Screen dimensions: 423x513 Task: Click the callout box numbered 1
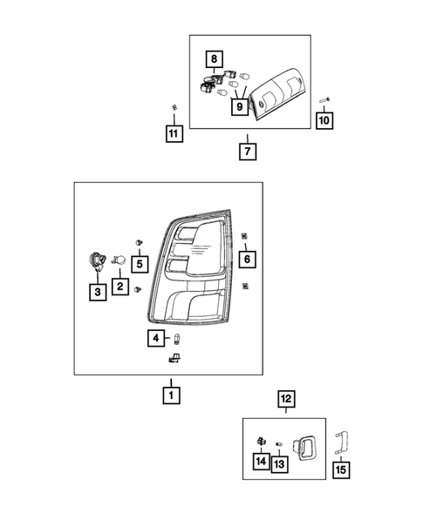pos(171,395)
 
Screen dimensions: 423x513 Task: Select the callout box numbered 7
pos(248,152)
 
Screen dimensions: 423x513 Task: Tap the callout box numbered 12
pos(286,399)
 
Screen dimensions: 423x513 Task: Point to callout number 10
pos(324,121)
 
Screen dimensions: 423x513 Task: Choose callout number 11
pos(174,133)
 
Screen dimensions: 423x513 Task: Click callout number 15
pos(341,470)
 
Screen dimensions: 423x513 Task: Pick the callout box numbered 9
pos(240,106)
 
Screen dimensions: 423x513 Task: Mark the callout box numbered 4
pos(156,338)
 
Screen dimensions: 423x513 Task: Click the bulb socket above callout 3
pos(98,262)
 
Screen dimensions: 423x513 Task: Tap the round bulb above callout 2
pos(119,260)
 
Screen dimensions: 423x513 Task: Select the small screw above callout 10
pos(324,100)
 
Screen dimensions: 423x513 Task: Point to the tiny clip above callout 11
pos(174,106)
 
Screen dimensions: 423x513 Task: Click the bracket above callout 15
pos(341,442)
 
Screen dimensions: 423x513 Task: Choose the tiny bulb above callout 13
pos(279,444)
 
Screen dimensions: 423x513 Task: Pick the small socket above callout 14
pos(261,442)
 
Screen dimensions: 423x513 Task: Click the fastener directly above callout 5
pos(140,242)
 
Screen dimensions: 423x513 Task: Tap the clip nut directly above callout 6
pos(244,235)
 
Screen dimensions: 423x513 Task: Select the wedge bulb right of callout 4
pos(177,339)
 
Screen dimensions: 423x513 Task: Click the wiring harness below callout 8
pos(212,81)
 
